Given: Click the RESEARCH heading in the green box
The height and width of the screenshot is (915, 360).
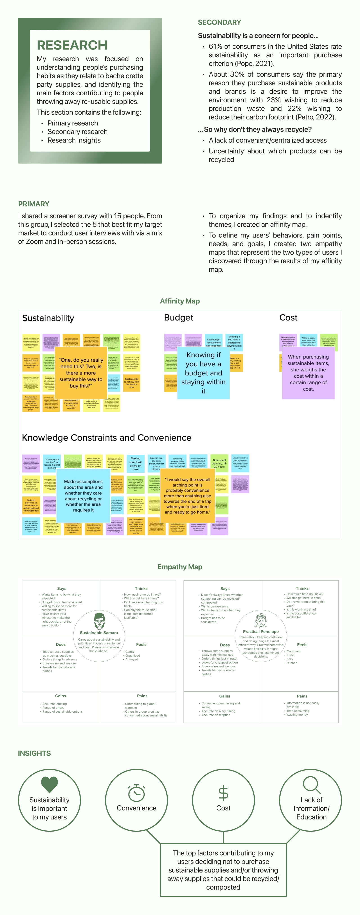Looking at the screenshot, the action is [72, 45].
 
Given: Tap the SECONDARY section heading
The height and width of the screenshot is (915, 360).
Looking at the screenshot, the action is [219, 22].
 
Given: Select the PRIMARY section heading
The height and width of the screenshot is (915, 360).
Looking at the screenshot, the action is [34, 204].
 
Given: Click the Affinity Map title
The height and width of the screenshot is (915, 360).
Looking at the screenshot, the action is [180, 301].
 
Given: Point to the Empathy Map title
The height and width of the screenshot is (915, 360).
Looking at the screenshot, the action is [180, 567].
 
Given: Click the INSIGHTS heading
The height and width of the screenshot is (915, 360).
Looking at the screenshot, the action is [34, 753].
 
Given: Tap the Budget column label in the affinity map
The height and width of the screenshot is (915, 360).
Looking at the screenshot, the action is [178, 318].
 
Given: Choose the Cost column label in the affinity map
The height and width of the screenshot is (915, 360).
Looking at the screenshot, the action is [288, 318].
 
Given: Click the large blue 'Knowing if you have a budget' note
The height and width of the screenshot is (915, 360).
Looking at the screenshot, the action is [203, 373].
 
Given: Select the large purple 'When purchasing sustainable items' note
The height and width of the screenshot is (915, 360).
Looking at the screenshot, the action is [308, 373].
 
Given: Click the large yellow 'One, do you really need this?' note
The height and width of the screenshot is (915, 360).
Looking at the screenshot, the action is [81, 373].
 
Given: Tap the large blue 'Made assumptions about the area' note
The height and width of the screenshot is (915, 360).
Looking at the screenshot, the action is [83, 496].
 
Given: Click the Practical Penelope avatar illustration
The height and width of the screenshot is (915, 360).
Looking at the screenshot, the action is [261, 620].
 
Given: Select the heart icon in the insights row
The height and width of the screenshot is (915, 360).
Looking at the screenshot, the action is [49, 784].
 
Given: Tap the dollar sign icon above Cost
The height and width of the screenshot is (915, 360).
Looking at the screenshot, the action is [223, 793].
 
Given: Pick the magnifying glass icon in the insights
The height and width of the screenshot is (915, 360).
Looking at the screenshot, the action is [312, 785].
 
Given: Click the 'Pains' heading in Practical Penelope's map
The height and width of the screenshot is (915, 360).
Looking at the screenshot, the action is [302, 696].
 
